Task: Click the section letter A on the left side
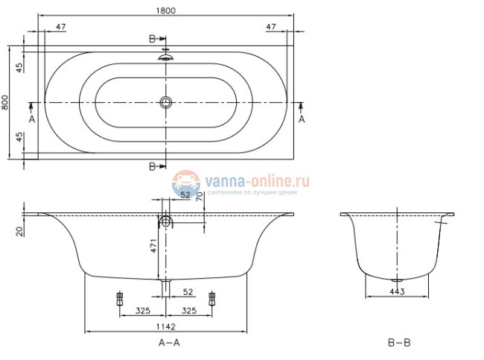coord(31,119)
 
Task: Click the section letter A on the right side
coord(302,119)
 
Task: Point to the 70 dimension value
coord(199,198)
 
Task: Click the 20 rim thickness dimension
coord(18,232)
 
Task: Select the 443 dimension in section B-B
coord(397,291)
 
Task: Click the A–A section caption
coord(169,343)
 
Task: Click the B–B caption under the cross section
coord(398,343)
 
